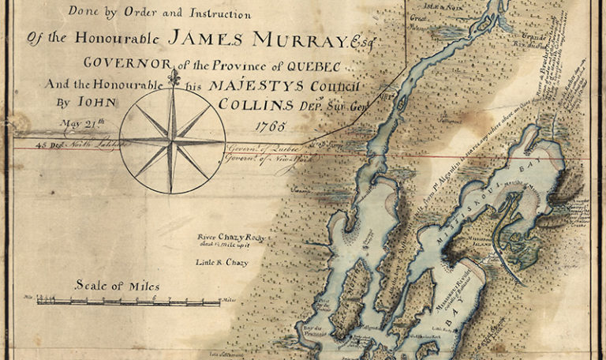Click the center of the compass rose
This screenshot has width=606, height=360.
click(x=173, y=141)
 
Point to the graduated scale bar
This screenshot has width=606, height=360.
click(x=126, y=301)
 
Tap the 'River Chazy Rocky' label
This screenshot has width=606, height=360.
click(x=228, y=236)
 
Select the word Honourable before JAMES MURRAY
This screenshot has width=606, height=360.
click(x=115, y=39)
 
